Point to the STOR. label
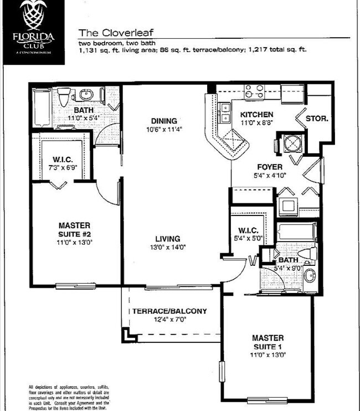tap(318, 119)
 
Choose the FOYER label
tap(270, 166)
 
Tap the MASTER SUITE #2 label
tap(75, 229)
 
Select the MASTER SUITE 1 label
tap(268, 342)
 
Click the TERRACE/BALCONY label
tap(169, 311)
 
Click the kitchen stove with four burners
tap(255, 91)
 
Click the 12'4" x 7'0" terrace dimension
tap(169, 320)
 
